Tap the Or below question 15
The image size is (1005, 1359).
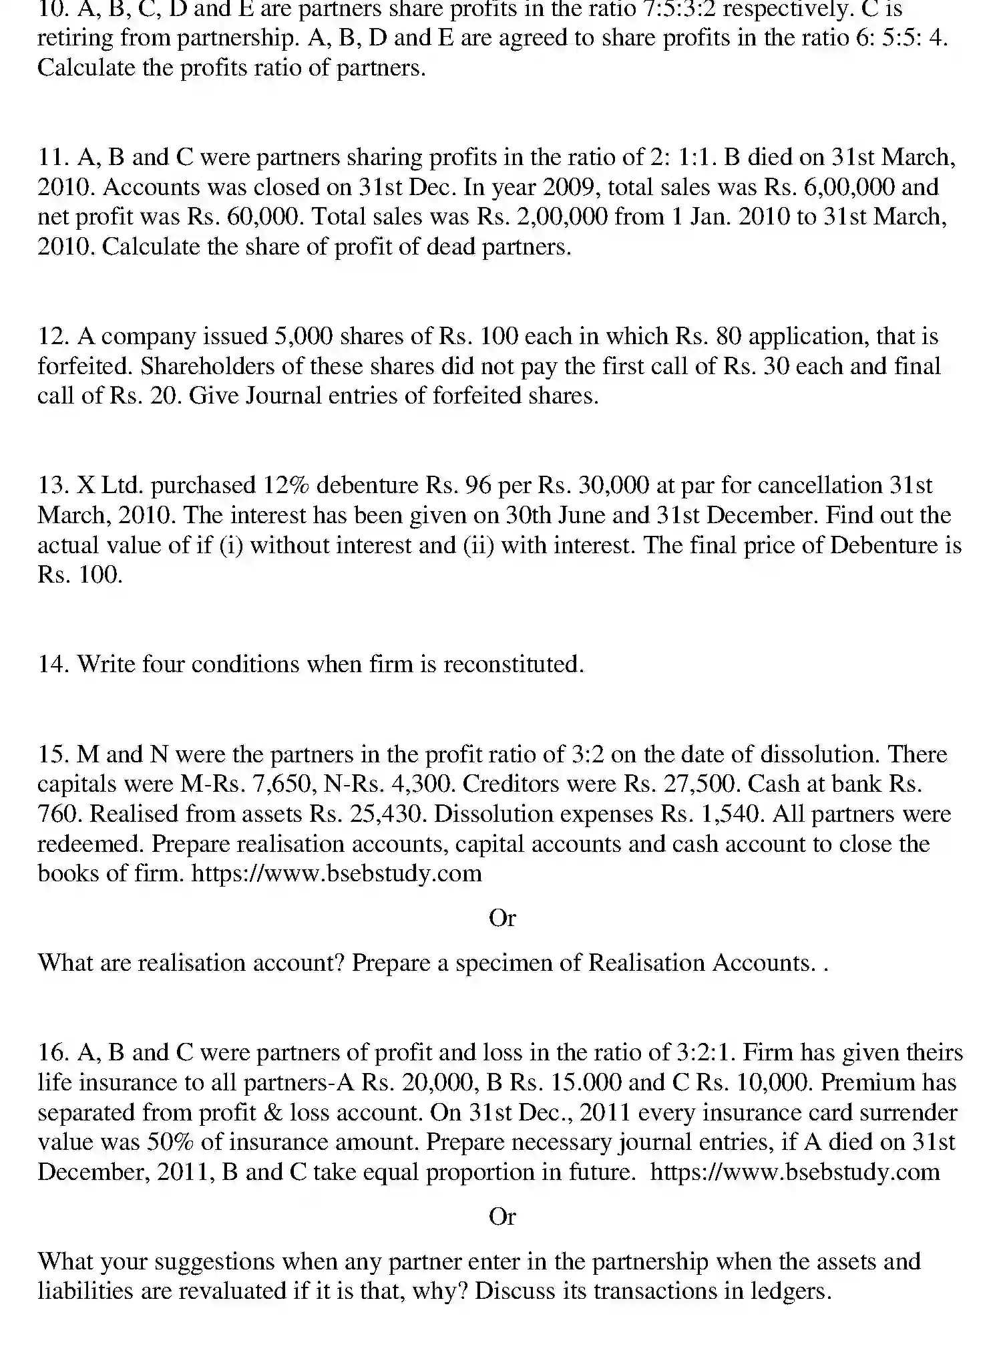click(502, 918)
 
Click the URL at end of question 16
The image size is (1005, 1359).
click(794, 1172)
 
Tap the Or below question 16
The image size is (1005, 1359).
click(502, 1217)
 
